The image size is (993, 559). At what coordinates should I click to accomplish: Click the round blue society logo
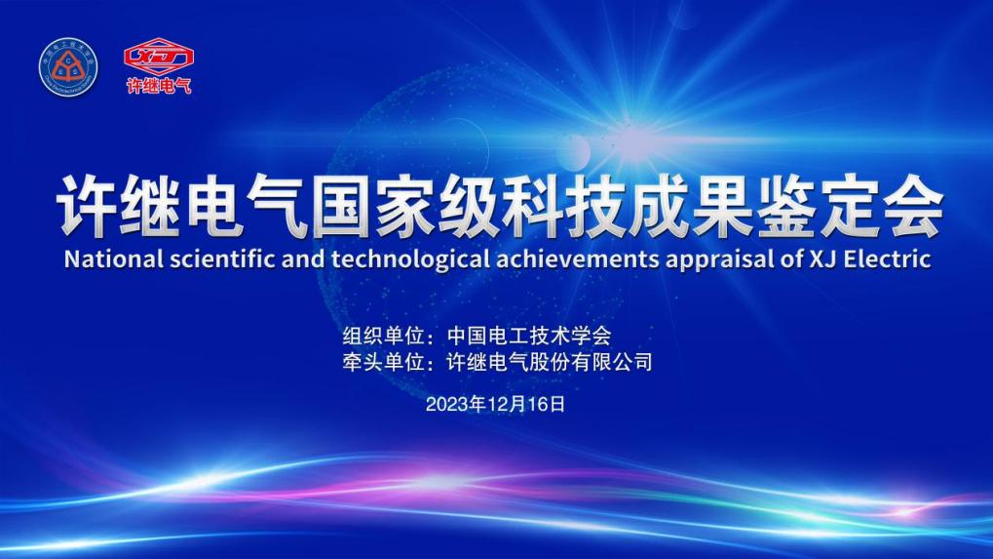[68, 67]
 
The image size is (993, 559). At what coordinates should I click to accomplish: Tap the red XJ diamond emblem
[159, 57]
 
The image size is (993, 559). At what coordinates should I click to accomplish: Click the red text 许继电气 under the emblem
[159, 86]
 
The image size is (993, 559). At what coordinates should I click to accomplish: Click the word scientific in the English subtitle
[222, 260]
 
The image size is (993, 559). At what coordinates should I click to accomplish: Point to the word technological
[410, 260]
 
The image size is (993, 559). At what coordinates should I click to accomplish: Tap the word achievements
[578, 260]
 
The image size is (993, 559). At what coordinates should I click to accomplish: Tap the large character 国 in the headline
[341, 207]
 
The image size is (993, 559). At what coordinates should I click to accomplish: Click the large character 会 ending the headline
[912, 207]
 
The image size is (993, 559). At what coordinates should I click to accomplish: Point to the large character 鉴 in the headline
[785, 207]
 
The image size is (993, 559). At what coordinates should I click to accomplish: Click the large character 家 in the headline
[405, 207]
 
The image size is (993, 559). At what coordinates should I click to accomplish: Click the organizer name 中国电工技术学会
[529, 336]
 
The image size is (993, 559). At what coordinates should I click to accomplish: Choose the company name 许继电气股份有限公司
[550, 362]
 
